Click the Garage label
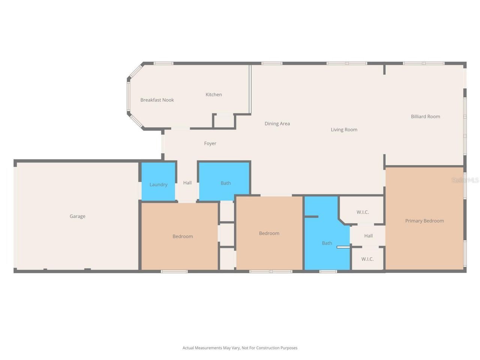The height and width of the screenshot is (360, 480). click(x=77, y=216)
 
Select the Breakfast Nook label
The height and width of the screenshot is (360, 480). click(x=157, y=100)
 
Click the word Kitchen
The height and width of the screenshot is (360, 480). click(x=214, y=94)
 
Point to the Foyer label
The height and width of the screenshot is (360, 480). click(x=210, y=144)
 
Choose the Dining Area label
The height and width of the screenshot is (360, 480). click(x=277, y=124)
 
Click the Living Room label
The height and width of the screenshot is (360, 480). click(x=344, y=130)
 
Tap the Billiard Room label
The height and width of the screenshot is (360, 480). click(x=425, y=117)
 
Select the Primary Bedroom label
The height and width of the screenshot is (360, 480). click(x=424, y=221)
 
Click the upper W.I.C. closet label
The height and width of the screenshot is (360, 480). click(x=363, y=212)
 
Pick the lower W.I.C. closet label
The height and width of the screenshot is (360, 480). click(x=367, y=259)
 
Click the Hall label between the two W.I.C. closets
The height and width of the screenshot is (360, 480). click(x=368, y=236)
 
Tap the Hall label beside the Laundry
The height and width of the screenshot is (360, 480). click(x=187, y=183)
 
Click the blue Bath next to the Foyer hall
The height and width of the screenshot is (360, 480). click(x=225, y=183)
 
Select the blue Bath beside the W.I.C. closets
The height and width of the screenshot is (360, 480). click(x=327, y=243)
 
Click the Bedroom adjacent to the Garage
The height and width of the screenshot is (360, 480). click(x=183, y=236)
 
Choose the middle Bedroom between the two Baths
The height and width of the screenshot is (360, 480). click(x=269, y=233)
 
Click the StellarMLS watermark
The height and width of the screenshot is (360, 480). click(x=465, y=180)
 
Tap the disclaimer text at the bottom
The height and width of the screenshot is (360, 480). click(x=240, y=348)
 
